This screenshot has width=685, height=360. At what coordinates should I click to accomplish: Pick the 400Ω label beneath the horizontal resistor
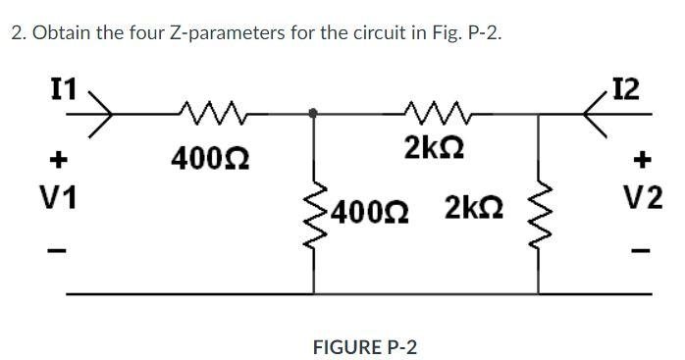(x=209, y=157)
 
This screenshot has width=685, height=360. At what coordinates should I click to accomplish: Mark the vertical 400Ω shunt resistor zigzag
(x=314, y=207)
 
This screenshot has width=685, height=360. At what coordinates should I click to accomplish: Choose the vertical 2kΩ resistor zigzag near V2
(x=539, y=207)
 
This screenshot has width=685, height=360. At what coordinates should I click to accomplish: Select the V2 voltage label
(x=644, y=198)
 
